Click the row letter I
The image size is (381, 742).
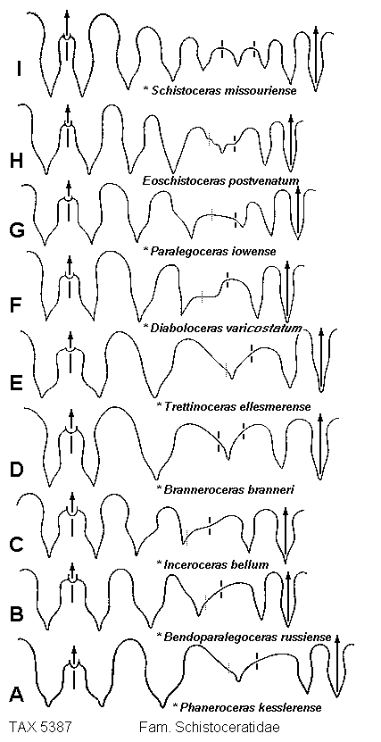coord(19,70)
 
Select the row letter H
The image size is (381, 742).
coord(17,162)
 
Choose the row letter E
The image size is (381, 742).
coord(17,382)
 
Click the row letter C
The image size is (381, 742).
coord(17,544)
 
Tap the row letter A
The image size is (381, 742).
coord(17,694)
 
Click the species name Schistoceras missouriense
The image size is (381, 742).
coord(225,90)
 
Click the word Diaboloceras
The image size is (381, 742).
coord(178,328)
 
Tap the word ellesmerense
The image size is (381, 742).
coord(280,406)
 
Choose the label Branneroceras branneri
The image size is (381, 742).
coord(229,488)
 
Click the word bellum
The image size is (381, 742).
coord(253,564)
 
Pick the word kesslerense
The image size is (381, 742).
coord(291,708)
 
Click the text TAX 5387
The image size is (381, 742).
coord(40,728)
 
